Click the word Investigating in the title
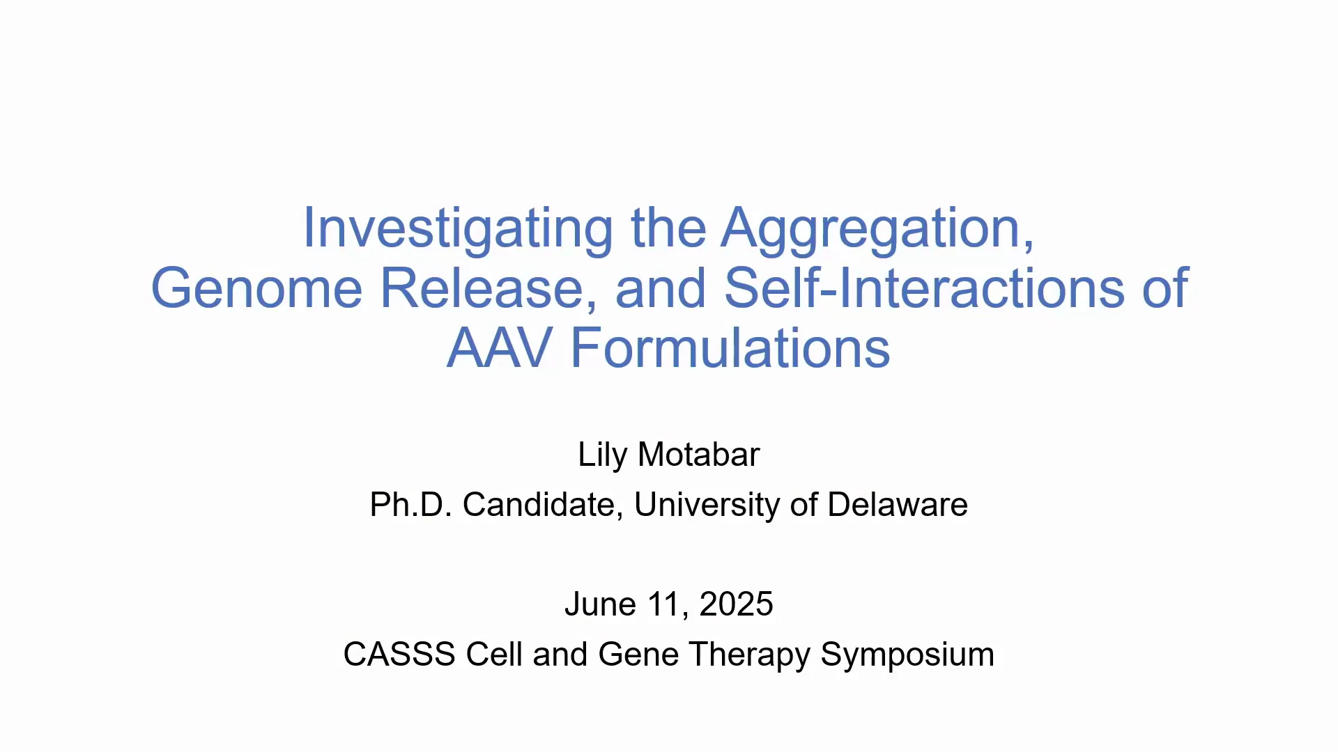(x=458, y=229)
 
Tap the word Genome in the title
(x=256, y=288)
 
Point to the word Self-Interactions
(x=924, y=288)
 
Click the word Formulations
(x=730, y=348)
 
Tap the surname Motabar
(x=698, y=455)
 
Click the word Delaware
(x=898, y=505)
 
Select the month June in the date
(x=600, y=604)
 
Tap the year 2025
(x=736, y=604)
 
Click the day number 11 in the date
(x=668, y=604)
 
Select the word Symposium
(x=907, y=655)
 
